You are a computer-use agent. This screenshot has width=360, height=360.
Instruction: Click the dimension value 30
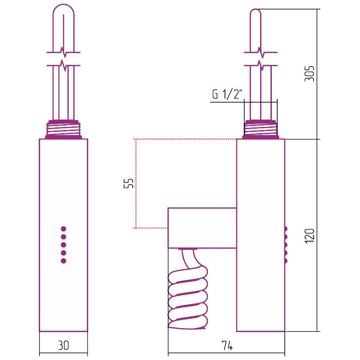coord(63,345)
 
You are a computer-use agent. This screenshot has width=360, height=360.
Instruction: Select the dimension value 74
coord(227,345)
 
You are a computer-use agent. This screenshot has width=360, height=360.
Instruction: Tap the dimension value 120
coord(309,236)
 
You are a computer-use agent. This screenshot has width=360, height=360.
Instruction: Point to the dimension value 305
coord(309,73)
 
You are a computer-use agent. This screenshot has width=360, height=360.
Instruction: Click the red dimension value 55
coord(129,183)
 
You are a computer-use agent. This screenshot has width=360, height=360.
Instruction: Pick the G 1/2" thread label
coord(227,94)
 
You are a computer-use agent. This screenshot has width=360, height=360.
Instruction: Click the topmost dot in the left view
coord(63,229)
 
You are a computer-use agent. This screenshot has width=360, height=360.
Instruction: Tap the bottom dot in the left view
coord(63,261)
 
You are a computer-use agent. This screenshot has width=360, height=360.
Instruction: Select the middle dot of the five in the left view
coord(63,245)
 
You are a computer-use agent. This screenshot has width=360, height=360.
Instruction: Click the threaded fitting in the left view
coord(63,130)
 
